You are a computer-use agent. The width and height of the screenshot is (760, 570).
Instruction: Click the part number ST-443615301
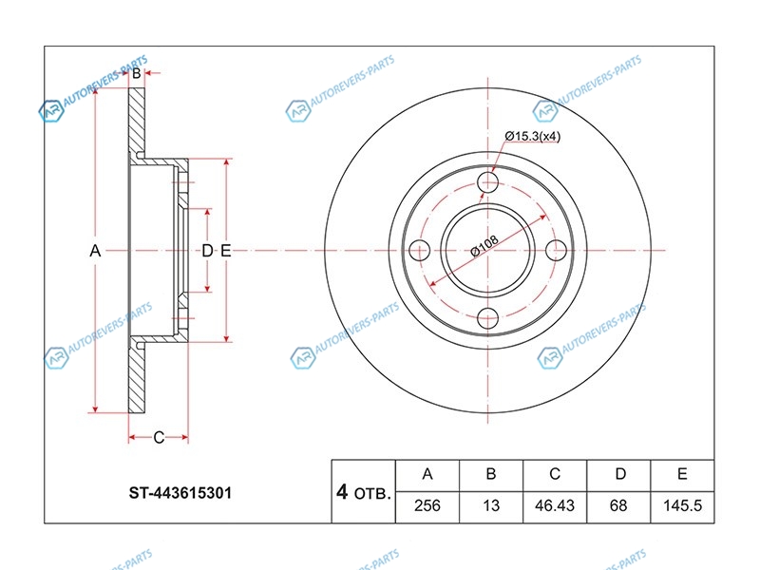pyautogui.click(x=180, y=493)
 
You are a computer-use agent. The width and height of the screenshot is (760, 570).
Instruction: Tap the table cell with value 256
pyautogui.click(x=427, y=505)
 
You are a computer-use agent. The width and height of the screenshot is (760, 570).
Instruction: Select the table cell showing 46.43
pyautogui.click(x=555, y=505)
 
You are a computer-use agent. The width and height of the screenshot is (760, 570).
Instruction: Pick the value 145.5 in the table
pyautogui.click(x=682, y=505)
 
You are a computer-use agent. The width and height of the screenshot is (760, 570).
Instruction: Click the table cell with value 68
pyautogui.click(x=618, y=505)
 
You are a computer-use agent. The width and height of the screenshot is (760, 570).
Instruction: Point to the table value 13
pyautogui.click(x=491, y=505)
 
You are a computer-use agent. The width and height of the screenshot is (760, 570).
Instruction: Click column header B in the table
pyautogui.click(x=491, y=474)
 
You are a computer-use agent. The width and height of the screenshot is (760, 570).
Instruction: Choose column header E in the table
pyautogui.click(x=682, y=474)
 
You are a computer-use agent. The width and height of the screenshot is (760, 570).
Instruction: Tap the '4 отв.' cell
pyautogui.click(x=364, y=492)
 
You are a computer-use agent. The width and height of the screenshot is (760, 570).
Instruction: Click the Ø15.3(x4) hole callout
pyautogui.click(x=532, y=136)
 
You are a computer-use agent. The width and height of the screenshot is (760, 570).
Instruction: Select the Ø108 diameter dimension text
pyautogui.click(x=484, y=245)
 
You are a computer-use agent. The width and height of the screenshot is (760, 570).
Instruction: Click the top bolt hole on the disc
pyautogui.click(x=487, y=182)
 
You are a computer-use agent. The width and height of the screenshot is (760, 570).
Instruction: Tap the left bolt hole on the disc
pyautogui.click(x=420, y=251)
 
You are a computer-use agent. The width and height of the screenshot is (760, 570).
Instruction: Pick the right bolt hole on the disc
pyautogui.click(x=556, y=251)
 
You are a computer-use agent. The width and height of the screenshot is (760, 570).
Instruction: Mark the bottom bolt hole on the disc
pyautogui.click(x=487, y=319)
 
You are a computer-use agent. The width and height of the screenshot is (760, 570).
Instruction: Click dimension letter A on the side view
pyautogui.click(x=95, y=251)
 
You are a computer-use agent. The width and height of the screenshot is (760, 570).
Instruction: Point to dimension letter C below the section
pyautogui.click(x=159, y=437)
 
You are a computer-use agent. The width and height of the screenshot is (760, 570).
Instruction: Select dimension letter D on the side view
pyautogui.click(x=207, y=251)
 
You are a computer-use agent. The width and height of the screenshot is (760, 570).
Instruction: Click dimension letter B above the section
pyautogui.click(x=137, y=73)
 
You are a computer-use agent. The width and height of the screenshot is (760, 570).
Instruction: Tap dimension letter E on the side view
pyautogui.click(x=225, y=251)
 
